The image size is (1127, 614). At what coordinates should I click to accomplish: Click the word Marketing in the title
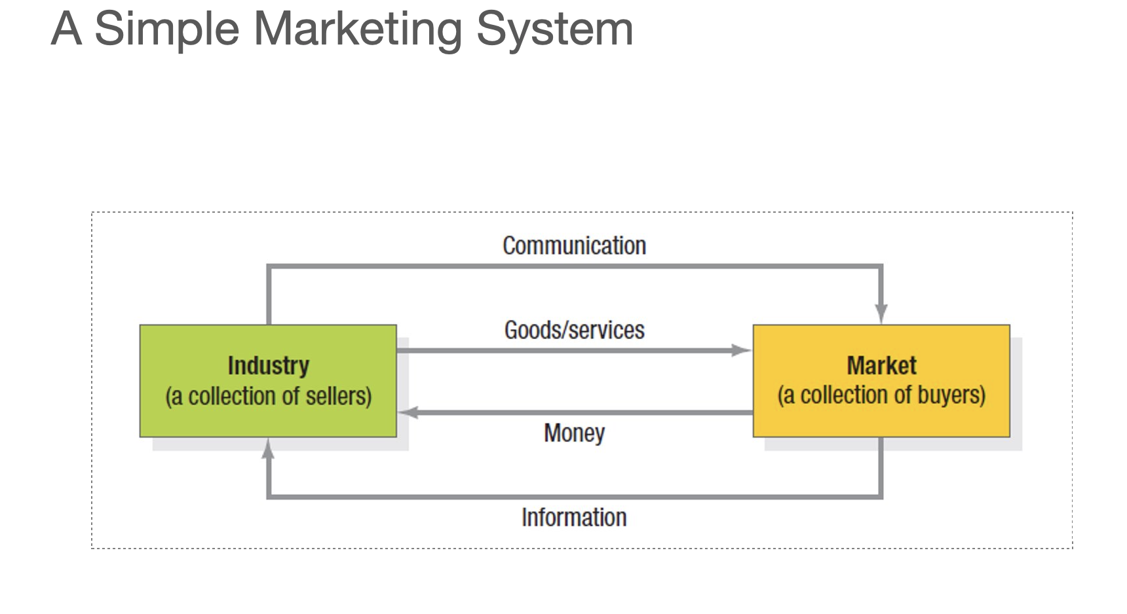pyautogui.click(x=357, y=29)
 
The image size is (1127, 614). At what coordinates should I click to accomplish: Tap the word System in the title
pyautogui.click(x=554, y=29)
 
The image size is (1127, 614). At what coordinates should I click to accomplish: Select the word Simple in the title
pyautogui.click(x=166, y=29)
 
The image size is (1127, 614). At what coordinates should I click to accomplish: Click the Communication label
pyautogui.click(x=574, y=246)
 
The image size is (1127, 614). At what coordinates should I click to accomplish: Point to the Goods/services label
pyautogui.click(x=574, y=330)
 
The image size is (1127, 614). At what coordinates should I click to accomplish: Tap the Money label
pyautogui.click(x=574, y=433)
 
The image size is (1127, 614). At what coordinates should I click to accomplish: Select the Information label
pyautogui.click(x=574, y=517)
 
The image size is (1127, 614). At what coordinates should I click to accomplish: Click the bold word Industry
pyautogui.click(x=268, y=365)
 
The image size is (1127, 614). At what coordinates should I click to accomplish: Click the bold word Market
pyautogui.click(x=881, y=365)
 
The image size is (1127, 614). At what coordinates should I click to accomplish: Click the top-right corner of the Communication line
pyautogui.click(x=881, y=266)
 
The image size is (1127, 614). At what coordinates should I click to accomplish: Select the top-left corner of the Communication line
pyautogui.click(x=269, y=266)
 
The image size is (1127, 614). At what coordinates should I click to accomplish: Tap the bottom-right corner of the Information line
pyautogui.click(x=881, y=496)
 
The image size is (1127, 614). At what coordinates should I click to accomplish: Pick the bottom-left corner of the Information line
pyautogui.click(x=269, y=496)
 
